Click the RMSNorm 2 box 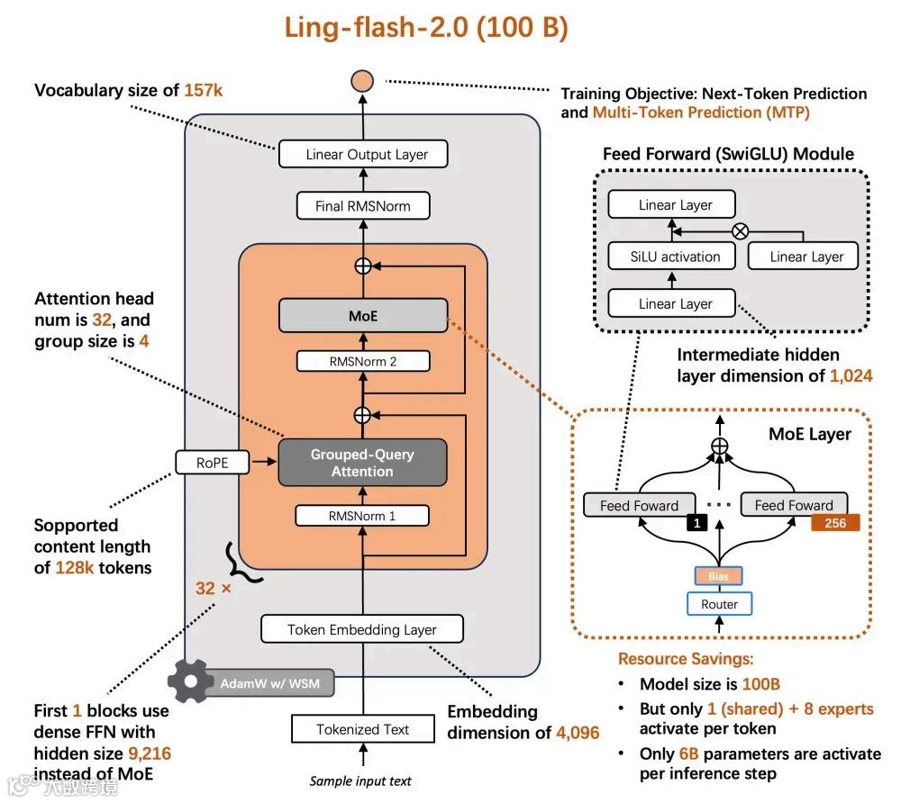(x=363, y=362)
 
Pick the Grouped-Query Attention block (x=363, y=463)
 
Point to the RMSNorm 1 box (x=363, y=516)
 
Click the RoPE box (x=213, y=463)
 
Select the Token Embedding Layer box (x=361, y=629)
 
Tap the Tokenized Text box (x=362, y=729)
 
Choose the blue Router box (x=719, y=605)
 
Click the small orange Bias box (x=719, y=575)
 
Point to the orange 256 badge (x=835, y=522)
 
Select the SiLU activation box (x=675, y=257)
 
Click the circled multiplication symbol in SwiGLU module (x=741, y=231)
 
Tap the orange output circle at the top (x=363, y=81)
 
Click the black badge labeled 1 (x=696, y=522)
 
